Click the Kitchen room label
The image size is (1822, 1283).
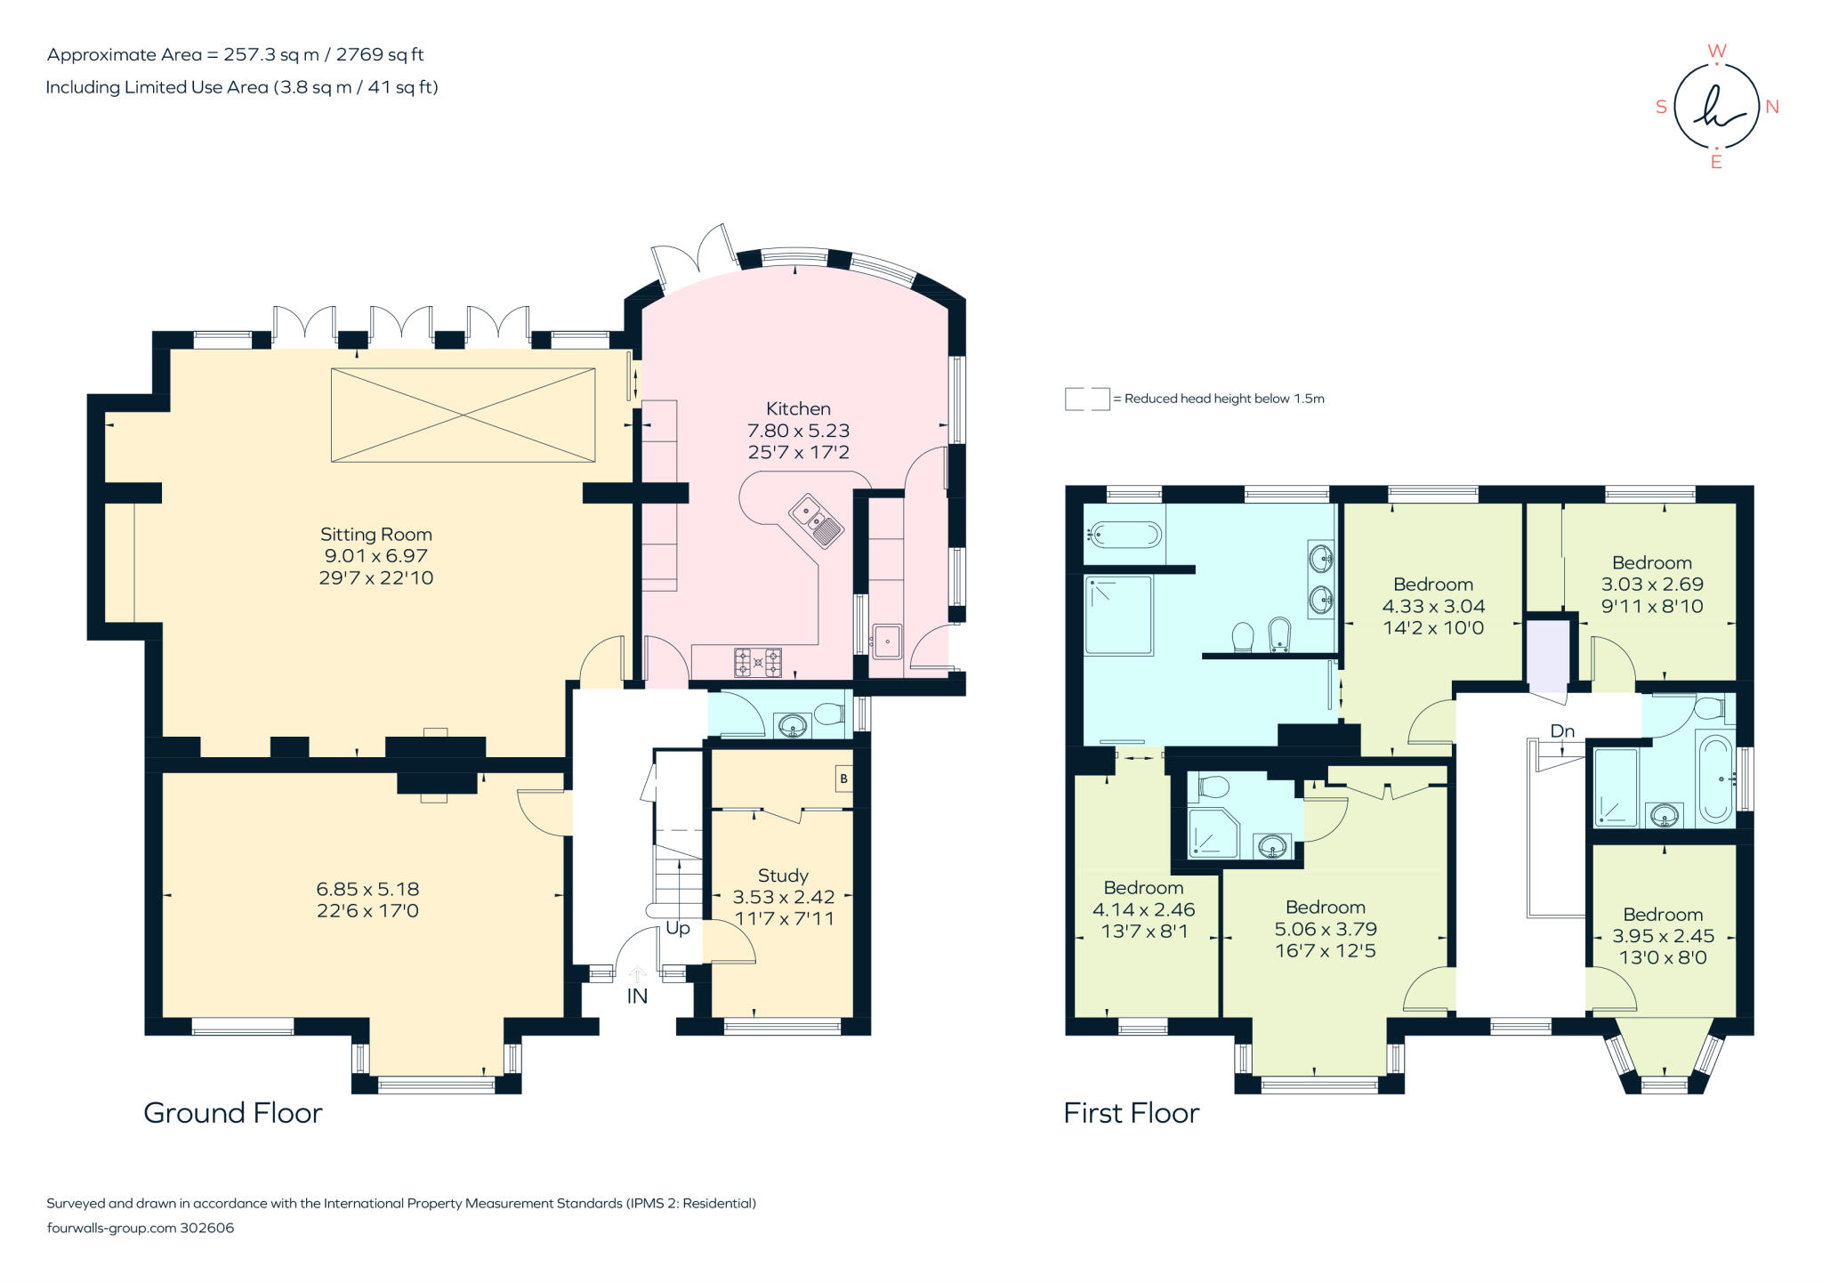point(798,408)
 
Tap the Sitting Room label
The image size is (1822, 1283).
point(375,535)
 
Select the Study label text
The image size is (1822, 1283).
point(783,876)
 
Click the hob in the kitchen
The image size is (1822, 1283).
point(758,662)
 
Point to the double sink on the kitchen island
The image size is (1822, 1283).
point(817,520)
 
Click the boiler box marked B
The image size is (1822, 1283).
point(843,779)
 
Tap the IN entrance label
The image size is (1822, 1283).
point(637,997)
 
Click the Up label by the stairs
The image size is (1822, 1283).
point(678,928)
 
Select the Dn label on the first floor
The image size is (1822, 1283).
point(1562,730)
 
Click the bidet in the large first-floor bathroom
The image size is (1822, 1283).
point(1278,634)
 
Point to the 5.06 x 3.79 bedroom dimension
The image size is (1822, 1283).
point(1326,929)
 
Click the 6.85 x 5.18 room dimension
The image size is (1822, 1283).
point(367,889)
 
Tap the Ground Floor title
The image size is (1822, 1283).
point(233,1113)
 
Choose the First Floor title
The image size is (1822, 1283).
point(1132,1113)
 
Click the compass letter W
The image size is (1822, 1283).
point(1717,51)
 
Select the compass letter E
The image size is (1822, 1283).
point(1716,162)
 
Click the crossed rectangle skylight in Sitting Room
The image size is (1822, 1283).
point(463,415)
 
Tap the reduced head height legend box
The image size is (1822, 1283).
point(1086,399)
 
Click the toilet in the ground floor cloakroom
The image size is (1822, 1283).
point(829,714)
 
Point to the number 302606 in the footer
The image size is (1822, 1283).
point(207,1228)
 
